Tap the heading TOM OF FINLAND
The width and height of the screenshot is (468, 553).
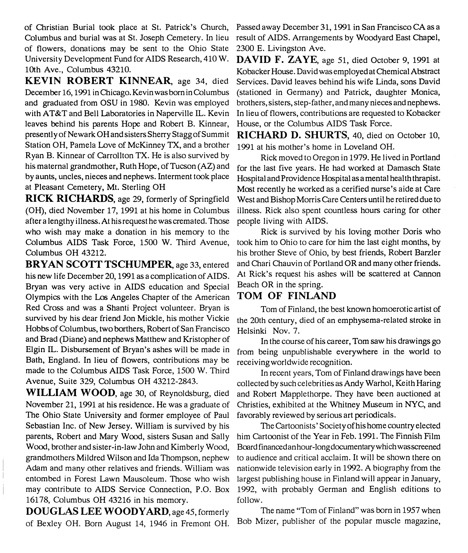coord(286,295)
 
